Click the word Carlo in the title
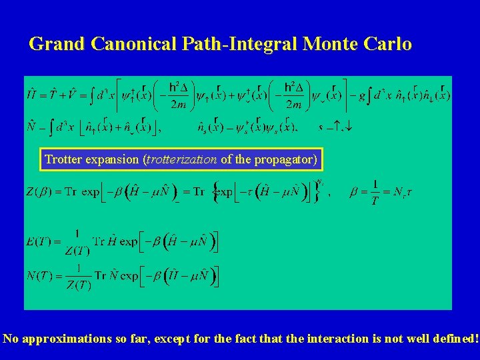point(388,45)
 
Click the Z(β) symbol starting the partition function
point(38,192)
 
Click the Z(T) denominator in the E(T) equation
point(78,251)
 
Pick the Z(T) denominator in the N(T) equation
point(78,286)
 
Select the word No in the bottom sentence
point(11,339)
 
